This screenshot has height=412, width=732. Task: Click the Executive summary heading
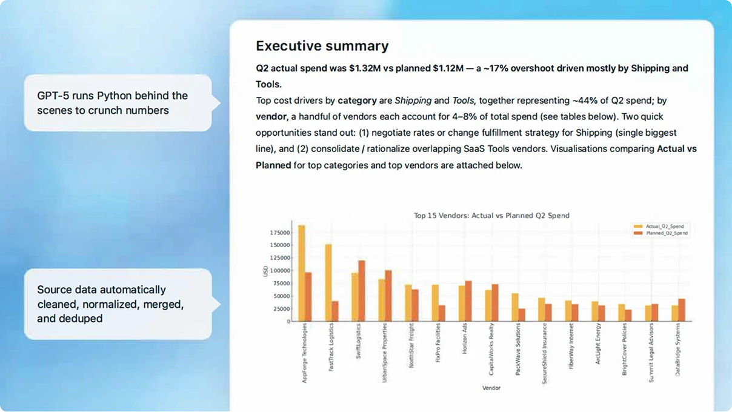point(322,46)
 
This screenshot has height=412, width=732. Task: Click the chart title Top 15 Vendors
point(491,215)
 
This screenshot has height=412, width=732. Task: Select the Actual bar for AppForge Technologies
point(301,273)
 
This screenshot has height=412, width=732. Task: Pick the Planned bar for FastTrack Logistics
point(335,311)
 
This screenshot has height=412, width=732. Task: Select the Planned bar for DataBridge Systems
point(682,310)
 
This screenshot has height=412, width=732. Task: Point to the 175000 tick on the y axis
point(280,232)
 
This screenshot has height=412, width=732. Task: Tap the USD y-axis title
point(265,271)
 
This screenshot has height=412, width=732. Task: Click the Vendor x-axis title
point(491,388)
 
